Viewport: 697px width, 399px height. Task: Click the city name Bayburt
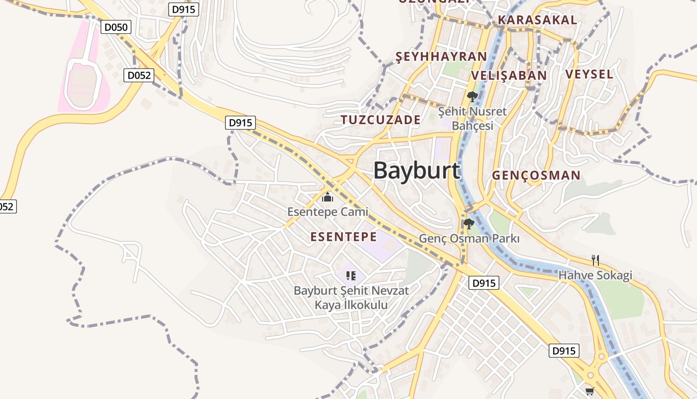pos(416,171)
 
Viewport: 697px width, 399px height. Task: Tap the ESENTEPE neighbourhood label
pos(344,236)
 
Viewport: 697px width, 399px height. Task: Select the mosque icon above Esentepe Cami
pos(327,198)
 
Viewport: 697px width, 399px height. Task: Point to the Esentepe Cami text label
pos(328,212)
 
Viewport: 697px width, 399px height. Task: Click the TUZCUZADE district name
pos(381,120)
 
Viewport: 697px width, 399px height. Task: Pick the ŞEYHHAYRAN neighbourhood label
pos(441,56)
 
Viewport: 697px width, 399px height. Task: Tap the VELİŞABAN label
pos(508,75)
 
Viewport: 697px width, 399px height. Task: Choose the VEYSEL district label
pos(589,74)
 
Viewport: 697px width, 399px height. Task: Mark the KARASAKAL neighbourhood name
pos(537,20)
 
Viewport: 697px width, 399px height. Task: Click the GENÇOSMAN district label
pos(536,175)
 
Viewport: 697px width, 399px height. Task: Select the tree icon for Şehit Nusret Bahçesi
pos(472,96)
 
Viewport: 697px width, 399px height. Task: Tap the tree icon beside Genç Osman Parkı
pos(468,224)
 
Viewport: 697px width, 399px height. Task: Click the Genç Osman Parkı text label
pos(469,238)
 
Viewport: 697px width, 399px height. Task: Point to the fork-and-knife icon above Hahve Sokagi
pos(595,260)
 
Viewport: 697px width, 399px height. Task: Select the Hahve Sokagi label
pos(595,275)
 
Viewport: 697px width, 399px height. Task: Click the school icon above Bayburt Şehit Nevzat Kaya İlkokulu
pos(351,275)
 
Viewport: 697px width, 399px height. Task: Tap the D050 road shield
pos(116,27)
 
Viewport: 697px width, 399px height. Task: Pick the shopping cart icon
pos(590,391)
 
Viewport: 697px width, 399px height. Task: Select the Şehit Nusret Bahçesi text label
pos(472,118)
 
